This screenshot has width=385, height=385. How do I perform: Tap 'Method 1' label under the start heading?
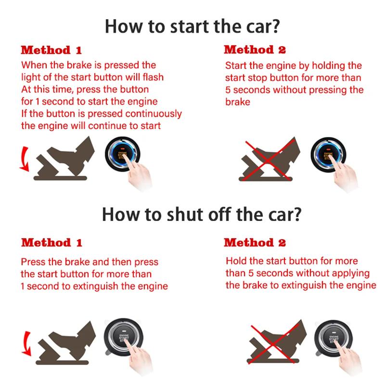51,50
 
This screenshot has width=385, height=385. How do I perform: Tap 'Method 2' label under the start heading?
255,49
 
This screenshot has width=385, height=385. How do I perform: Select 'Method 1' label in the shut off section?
51,242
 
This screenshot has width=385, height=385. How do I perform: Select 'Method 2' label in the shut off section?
255,242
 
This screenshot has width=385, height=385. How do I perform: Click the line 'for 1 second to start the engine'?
89,102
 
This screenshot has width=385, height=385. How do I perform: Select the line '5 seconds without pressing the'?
294,90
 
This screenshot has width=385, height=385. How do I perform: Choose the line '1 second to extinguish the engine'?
94,286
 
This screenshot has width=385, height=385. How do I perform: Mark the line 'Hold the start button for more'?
292,261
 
